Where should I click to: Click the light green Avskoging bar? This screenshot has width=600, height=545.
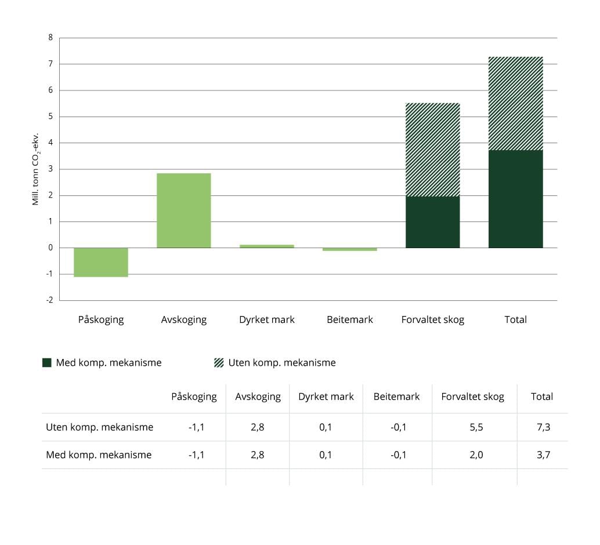184,210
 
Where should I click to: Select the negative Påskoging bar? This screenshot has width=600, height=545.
101,262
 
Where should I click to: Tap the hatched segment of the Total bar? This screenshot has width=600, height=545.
515,103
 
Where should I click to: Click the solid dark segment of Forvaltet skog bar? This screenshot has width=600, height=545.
432,222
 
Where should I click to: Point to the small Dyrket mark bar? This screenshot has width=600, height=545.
267,246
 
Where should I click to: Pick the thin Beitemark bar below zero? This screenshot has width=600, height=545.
350,249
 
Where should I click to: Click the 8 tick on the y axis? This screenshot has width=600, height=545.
50,38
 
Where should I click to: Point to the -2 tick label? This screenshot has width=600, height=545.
49,300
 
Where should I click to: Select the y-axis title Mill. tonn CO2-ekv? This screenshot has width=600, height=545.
35,168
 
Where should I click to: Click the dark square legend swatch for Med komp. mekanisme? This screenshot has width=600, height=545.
47,363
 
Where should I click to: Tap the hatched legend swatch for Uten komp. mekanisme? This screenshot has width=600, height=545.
219,363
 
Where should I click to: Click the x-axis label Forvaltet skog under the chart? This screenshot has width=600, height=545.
433,319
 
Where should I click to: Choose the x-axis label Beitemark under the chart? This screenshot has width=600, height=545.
350,319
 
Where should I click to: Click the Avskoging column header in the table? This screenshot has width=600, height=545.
258,397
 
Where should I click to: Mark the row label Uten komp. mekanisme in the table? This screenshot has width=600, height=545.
100,427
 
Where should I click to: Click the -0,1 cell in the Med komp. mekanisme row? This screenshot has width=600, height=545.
398,455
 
